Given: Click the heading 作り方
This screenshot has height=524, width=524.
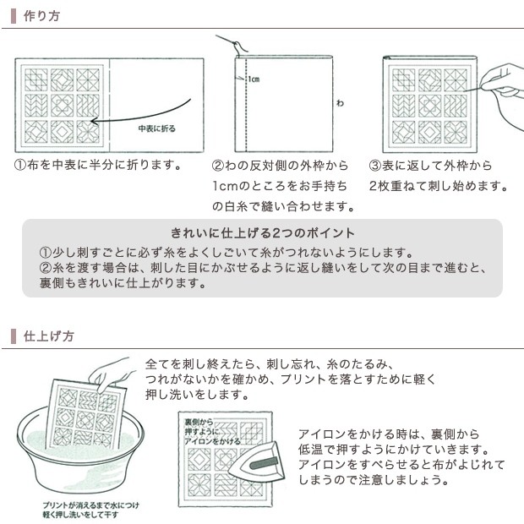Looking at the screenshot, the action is [41, 16].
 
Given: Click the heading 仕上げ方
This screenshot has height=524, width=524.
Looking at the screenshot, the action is [48, 336].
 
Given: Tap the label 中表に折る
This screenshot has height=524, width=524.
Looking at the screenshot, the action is [156, 128].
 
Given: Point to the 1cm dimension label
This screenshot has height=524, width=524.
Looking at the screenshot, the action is [254, 79].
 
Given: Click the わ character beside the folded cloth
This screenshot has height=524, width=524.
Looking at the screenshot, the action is [340, 103].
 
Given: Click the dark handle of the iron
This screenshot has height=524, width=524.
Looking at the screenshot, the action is [264, 462].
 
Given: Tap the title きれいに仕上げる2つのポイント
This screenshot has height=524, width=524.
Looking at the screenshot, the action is [262, 233].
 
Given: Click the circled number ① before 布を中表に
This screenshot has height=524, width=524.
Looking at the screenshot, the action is [20, 165].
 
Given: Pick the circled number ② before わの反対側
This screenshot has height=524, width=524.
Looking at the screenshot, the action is [218, 166].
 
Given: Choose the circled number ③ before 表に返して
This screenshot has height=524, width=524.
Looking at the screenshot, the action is [375, 166].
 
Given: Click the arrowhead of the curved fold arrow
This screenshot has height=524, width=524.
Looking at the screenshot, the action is [95, 121].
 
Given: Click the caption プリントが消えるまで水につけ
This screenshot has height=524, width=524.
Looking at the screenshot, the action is [90, 505].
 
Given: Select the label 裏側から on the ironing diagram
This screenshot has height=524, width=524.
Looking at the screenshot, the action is [199, 422].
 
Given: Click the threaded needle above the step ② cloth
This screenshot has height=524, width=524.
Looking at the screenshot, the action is [232, 44].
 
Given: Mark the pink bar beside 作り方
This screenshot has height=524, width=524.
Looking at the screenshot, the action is [14, 16].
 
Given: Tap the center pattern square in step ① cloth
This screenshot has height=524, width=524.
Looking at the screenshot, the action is [63, 106].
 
